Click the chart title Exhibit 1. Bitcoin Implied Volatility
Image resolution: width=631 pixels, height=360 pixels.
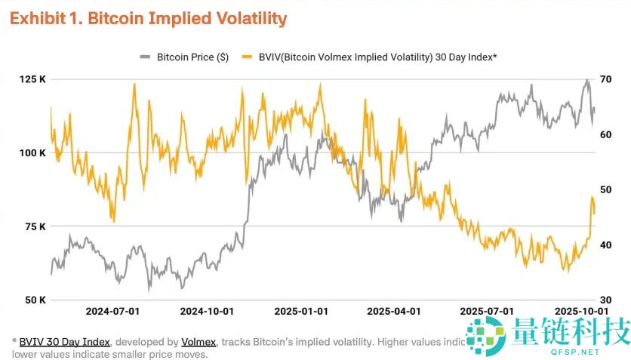[x=148, y=19]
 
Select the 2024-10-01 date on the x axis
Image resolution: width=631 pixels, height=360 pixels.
[x=207, y=311]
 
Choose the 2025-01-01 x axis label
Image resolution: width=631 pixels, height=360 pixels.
[x=300, y=311]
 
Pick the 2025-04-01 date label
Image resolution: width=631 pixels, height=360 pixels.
[x=392, y=311]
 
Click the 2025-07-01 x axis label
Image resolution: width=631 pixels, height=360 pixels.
[x=487, y=311]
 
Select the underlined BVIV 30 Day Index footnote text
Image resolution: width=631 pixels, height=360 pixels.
[x=65, y=342]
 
